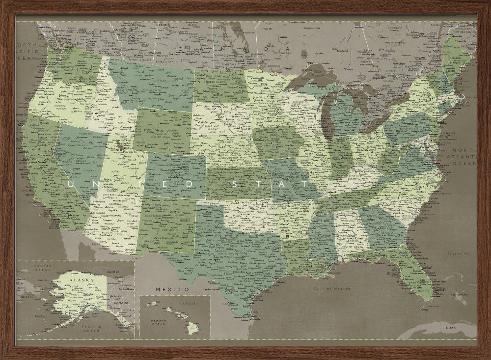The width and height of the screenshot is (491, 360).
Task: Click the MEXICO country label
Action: (x=172, y=289)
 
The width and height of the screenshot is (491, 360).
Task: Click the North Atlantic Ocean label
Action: (x=464, y=156)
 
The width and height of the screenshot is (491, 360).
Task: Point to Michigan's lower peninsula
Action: (x=346, y=115)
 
